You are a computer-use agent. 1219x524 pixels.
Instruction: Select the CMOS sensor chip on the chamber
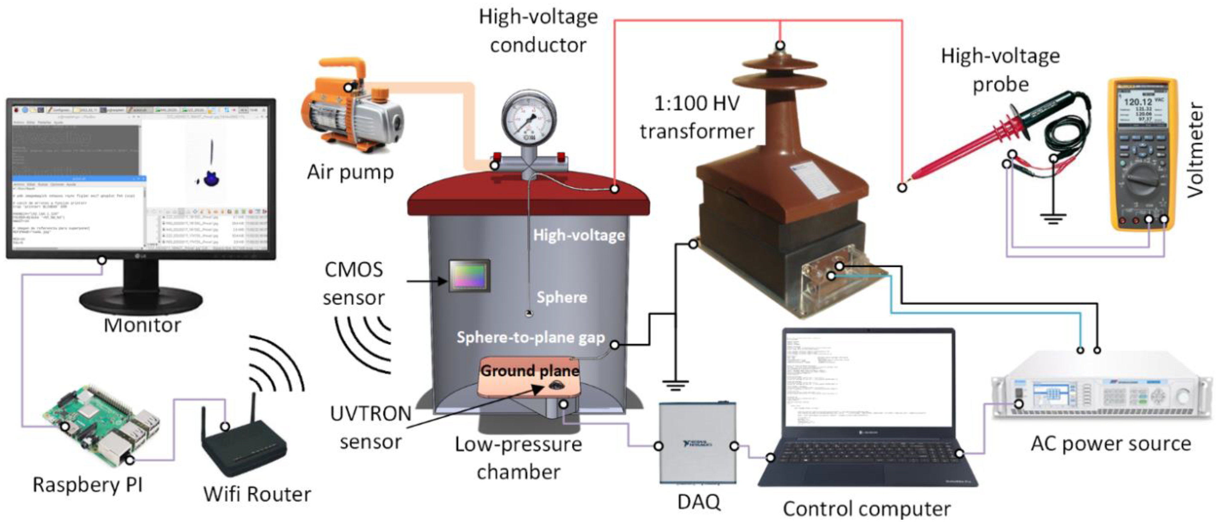(468, 275)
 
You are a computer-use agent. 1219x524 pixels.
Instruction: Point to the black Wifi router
(244, 449)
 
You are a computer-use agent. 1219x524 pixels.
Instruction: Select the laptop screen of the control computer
(868, 378)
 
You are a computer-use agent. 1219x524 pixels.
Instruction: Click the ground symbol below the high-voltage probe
(1053, 218)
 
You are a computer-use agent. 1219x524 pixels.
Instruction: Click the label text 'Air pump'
(350, 172)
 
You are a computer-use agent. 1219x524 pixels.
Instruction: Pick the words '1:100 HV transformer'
(696, 117)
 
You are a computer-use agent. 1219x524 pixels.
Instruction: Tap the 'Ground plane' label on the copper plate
(530, 370)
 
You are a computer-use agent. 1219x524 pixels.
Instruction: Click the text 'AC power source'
(1111, 444)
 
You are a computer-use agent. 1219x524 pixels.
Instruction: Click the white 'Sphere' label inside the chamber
(562, 297)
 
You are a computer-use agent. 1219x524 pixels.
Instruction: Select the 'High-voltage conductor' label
(538, 31)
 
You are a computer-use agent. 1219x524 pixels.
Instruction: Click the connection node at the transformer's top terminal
(780, 46)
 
